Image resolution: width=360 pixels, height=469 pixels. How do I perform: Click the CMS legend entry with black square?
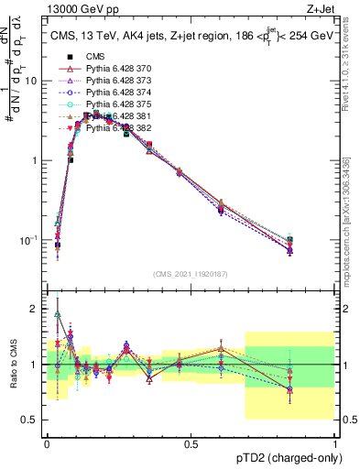coord(94,57)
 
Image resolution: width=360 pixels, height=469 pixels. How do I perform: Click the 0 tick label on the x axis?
coord(47,443)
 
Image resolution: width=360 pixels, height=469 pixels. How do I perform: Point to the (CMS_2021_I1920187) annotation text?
coord(191,274)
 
